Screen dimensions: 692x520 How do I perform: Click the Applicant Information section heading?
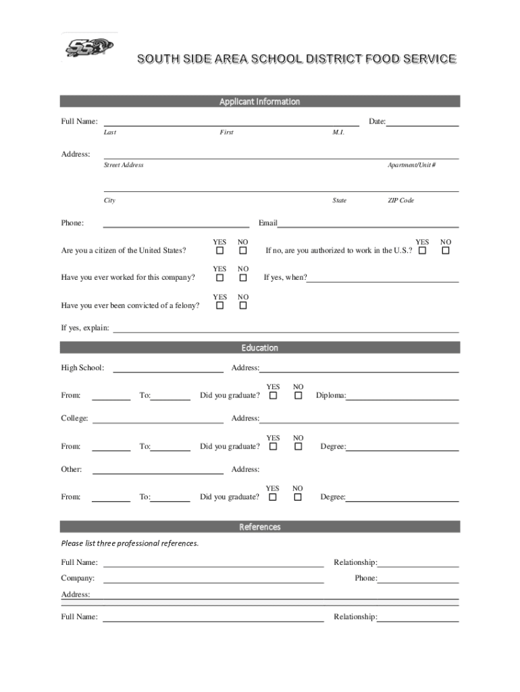point(259,101)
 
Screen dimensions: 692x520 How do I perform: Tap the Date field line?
point(422,122)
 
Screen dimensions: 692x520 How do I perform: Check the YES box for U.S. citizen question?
point(219,251)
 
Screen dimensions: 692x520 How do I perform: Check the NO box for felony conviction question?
point(243,306)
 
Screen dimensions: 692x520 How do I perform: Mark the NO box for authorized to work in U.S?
point(445,251)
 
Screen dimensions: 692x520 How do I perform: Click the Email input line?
point(368,224)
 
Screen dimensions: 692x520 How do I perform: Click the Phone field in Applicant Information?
point(176,224)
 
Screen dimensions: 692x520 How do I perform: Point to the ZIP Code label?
point(400,201)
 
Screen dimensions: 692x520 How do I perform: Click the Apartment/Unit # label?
point(411,166)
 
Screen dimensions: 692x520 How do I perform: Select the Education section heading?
point(259,348)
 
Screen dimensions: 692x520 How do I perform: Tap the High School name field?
point(167,368)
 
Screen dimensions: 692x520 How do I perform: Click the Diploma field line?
point(402,396)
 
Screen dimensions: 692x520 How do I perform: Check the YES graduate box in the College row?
point(273,447)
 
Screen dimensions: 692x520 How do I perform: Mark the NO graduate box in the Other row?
point(297,497)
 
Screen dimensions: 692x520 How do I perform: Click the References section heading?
point(259,527)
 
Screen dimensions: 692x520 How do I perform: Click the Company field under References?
point(213,579)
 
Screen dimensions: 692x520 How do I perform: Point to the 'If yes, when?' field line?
point(383,278)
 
